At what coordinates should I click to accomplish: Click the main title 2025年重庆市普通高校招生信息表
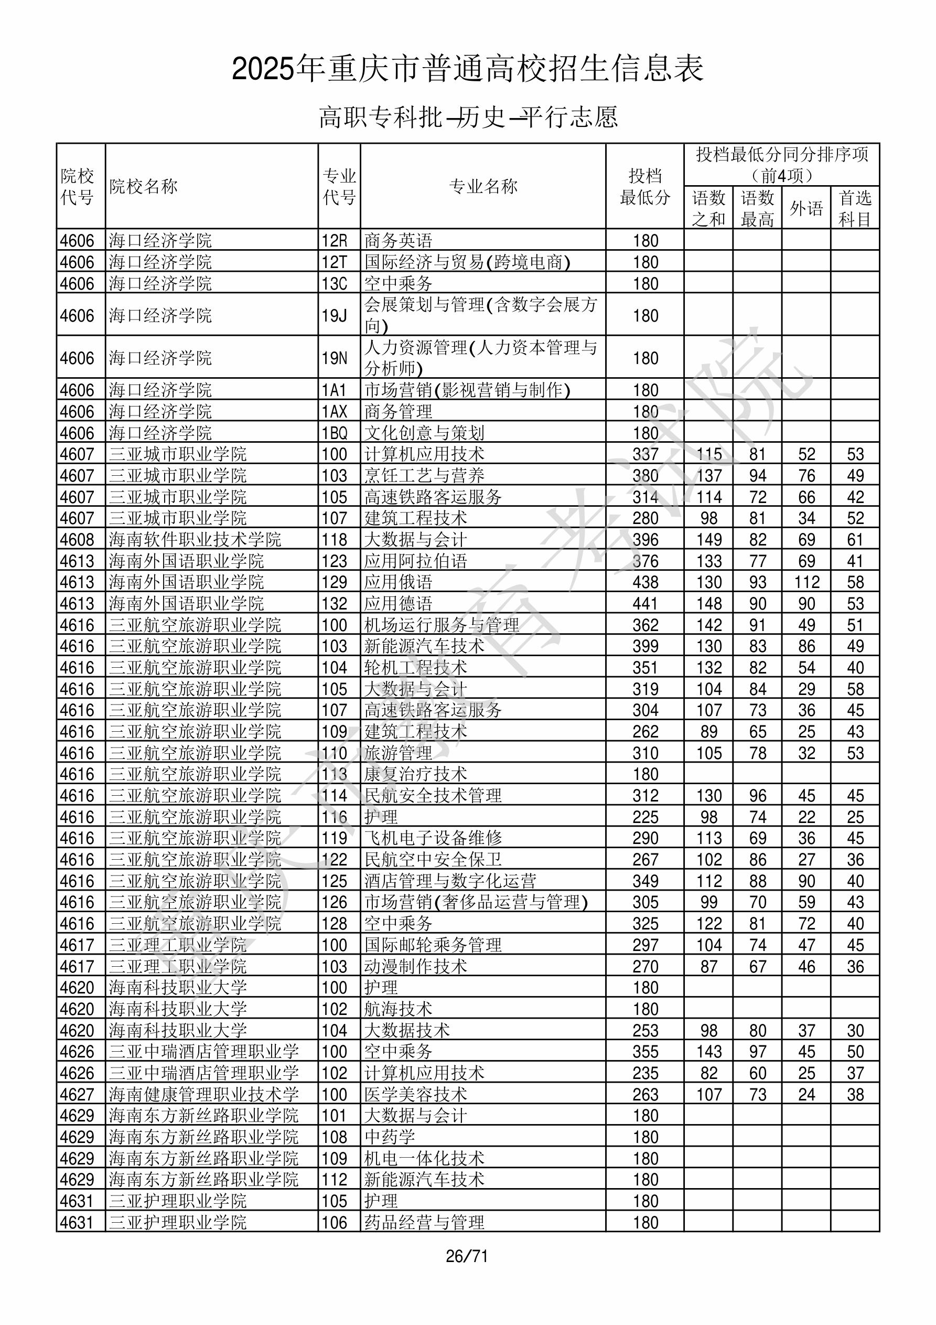[467, 69]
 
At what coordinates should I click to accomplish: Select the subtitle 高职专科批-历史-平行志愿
[468, 117]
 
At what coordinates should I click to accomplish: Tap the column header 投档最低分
[644, 186]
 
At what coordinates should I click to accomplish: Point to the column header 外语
[806, 208]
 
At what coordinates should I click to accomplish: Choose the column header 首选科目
[855, 208]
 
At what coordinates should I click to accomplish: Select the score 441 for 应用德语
[645, 604]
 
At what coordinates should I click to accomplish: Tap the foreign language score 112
[806, 582]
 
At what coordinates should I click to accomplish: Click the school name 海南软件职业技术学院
[195, 540]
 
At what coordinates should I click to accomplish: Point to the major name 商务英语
[398, 241]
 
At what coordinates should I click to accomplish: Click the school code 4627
[77, 1095]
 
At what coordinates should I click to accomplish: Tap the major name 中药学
[390, 1137]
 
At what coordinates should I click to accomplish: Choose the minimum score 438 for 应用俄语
[645, 582]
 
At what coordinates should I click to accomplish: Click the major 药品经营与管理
[424, 1222]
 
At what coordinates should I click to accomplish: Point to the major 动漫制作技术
[415, 967]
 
